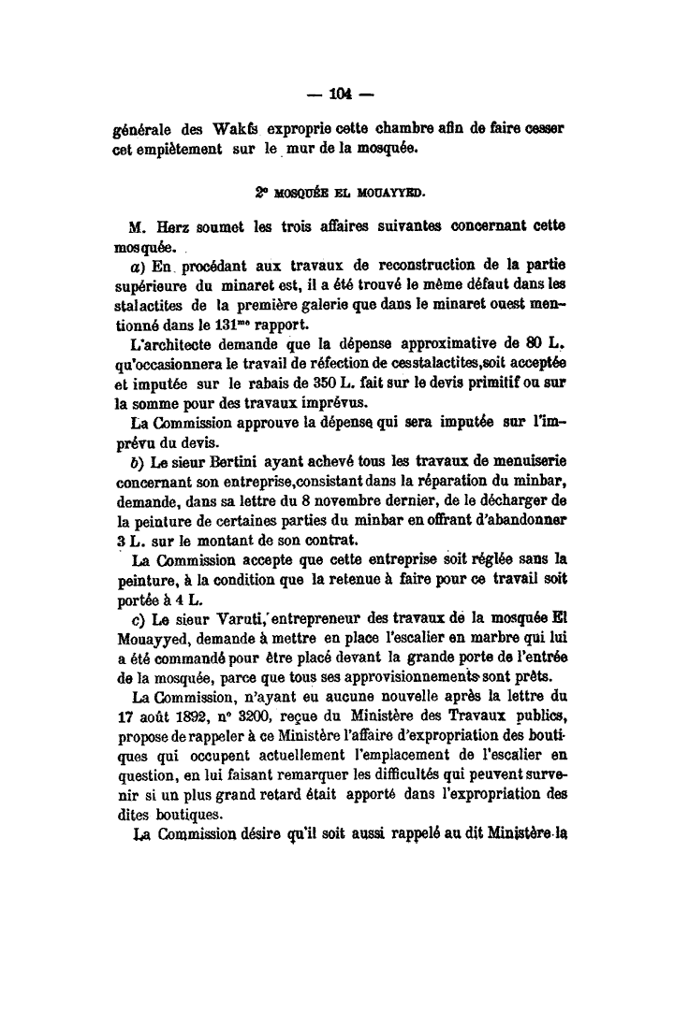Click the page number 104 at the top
[340, 93]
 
